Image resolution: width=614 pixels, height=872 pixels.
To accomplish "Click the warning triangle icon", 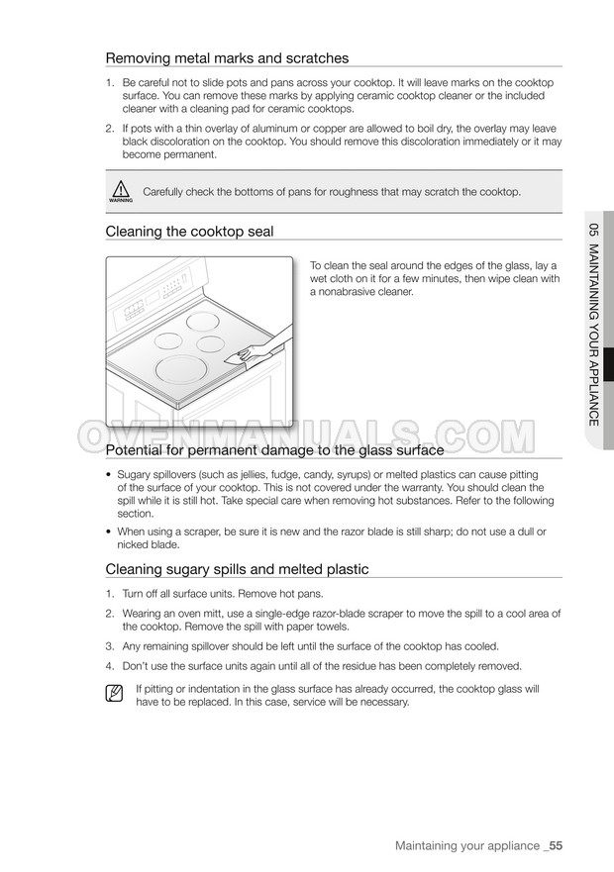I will [x=121, y=191].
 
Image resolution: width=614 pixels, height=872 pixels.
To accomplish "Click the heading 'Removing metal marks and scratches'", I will [x=227, y=58].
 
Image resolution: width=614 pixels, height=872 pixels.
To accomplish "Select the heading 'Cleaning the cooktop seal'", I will [x=189, y=231].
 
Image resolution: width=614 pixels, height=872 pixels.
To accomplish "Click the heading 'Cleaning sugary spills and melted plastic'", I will [x=237, y=569].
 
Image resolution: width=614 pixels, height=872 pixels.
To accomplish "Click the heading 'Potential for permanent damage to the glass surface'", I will [x=274, y=450].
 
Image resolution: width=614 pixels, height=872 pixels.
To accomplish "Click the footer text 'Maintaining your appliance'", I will [x=465, y=845].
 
